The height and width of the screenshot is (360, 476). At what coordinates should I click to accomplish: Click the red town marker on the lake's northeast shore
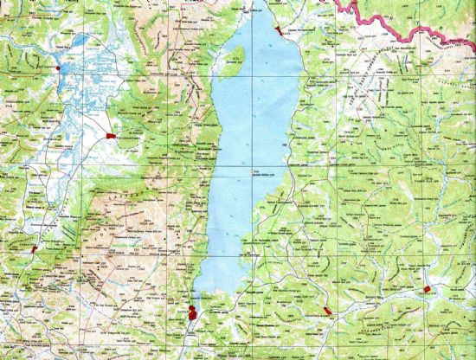[x=278, y=30]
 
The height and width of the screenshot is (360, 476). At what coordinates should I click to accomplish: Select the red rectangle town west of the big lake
[x=110, y=136]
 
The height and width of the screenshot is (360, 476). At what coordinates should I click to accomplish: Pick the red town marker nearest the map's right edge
[x=427, y=289]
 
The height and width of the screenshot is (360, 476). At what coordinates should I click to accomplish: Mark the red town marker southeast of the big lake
[x=327, y=311]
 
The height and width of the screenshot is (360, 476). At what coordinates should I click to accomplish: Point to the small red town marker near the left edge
[x=35, y=247]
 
